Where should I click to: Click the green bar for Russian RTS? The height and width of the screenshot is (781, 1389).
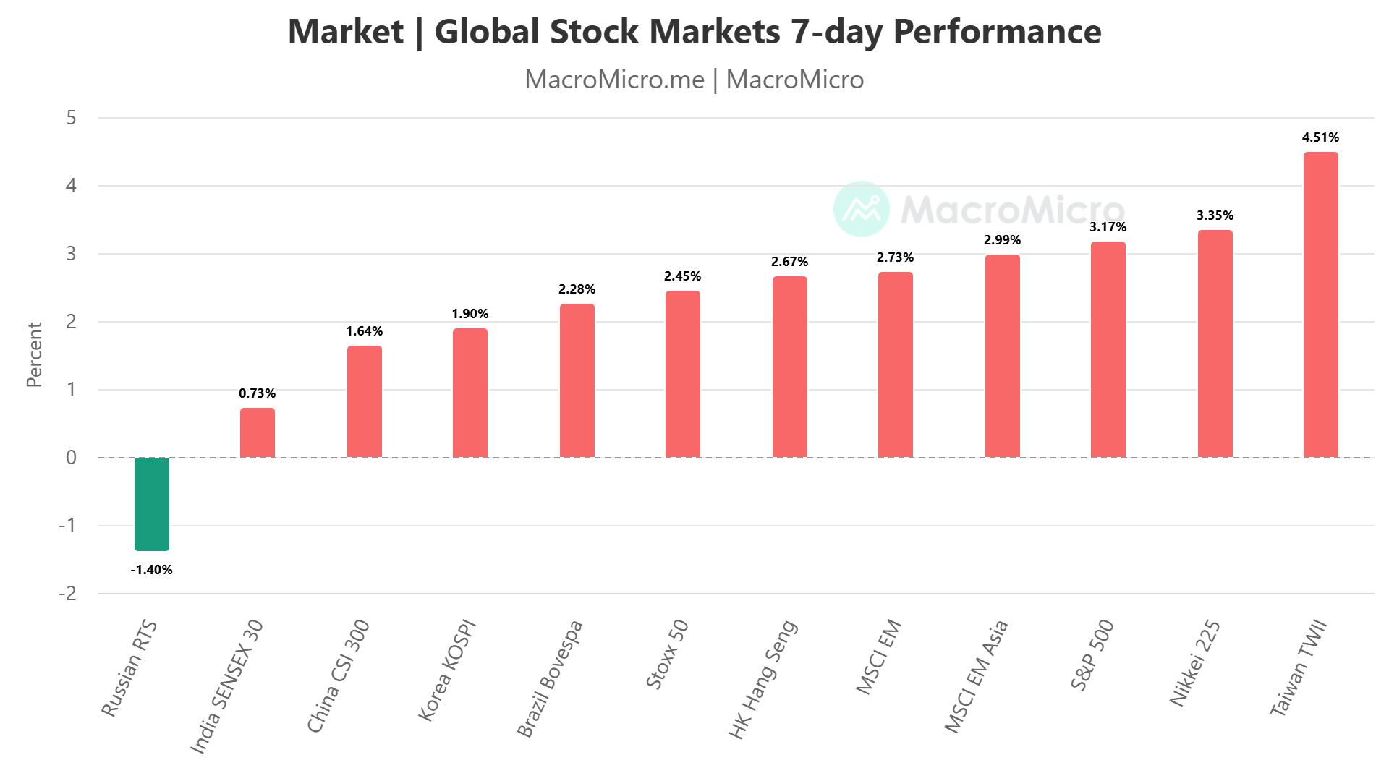152,504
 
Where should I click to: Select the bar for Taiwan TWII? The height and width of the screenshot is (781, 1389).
1320,304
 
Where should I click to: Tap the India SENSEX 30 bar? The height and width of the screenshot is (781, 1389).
258,432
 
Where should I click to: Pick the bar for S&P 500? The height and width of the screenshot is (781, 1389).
1108,349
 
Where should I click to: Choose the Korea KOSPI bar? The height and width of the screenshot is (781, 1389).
470,393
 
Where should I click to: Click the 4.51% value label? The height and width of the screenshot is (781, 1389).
1320,137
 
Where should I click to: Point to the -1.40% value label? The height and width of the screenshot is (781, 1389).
152,570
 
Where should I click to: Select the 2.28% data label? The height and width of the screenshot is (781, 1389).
577,289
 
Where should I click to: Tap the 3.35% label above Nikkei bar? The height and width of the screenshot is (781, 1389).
1215,215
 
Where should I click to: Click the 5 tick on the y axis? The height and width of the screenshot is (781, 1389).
71,118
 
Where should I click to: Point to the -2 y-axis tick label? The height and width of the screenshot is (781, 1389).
68,594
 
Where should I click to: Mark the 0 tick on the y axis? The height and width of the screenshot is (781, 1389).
71,458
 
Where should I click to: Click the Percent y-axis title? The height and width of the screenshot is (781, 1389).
34,354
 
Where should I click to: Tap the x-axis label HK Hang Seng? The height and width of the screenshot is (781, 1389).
763,679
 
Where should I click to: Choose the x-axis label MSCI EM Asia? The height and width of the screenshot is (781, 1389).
977,676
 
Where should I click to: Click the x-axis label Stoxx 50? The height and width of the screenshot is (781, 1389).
667,654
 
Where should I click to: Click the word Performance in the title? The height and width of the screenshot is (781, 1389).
997,32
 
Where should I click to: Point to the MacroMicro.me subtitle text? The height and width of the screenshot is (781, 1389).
614,80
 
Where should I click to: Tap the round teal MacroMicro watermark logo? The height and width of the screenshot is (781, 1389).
861,209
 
